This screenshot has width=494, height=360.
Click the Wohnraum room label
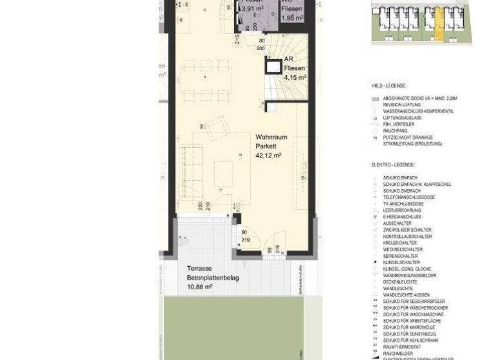click(271, 138)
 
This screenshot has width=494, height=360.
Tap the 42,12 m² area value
click(268, 156)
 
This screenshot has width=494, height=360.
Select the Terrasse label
click(200, 269)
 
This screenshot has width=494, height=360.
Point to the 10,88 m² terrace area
click(199, 287)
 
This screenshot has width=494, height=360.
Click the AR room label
click(289, 59)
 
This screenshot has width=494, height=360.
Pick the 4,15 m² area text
click(295, 77)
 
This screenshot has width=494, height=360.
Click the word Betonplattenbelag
click(213, 278)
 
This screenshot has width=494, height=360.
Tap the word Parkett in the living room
click(266, 147)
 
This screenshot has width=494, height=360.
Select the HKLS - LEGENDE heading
click(389, 85)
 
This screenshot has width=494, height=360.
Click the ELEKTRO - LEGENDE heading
click(393, 165)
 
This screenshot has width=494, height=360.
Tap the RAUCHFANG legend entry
click(395, 131)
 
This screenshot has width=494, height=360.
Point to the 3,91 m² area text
click(251, 8)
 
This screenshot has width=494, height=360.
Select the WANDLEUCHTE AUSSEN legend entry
click(407, 295)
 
